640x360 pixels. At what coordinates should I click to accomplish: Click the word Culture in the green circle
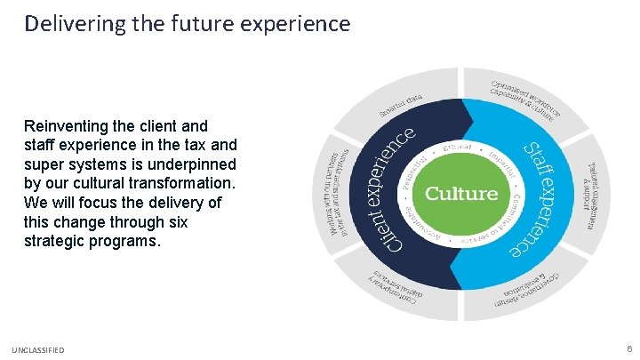click(x=460, y=193)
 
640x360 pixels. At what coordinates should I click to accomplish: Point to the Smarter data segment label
click(x=402, y=106)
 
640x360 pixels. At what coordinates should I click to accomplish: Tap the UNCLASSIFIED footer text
click(x=37, y=350)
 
